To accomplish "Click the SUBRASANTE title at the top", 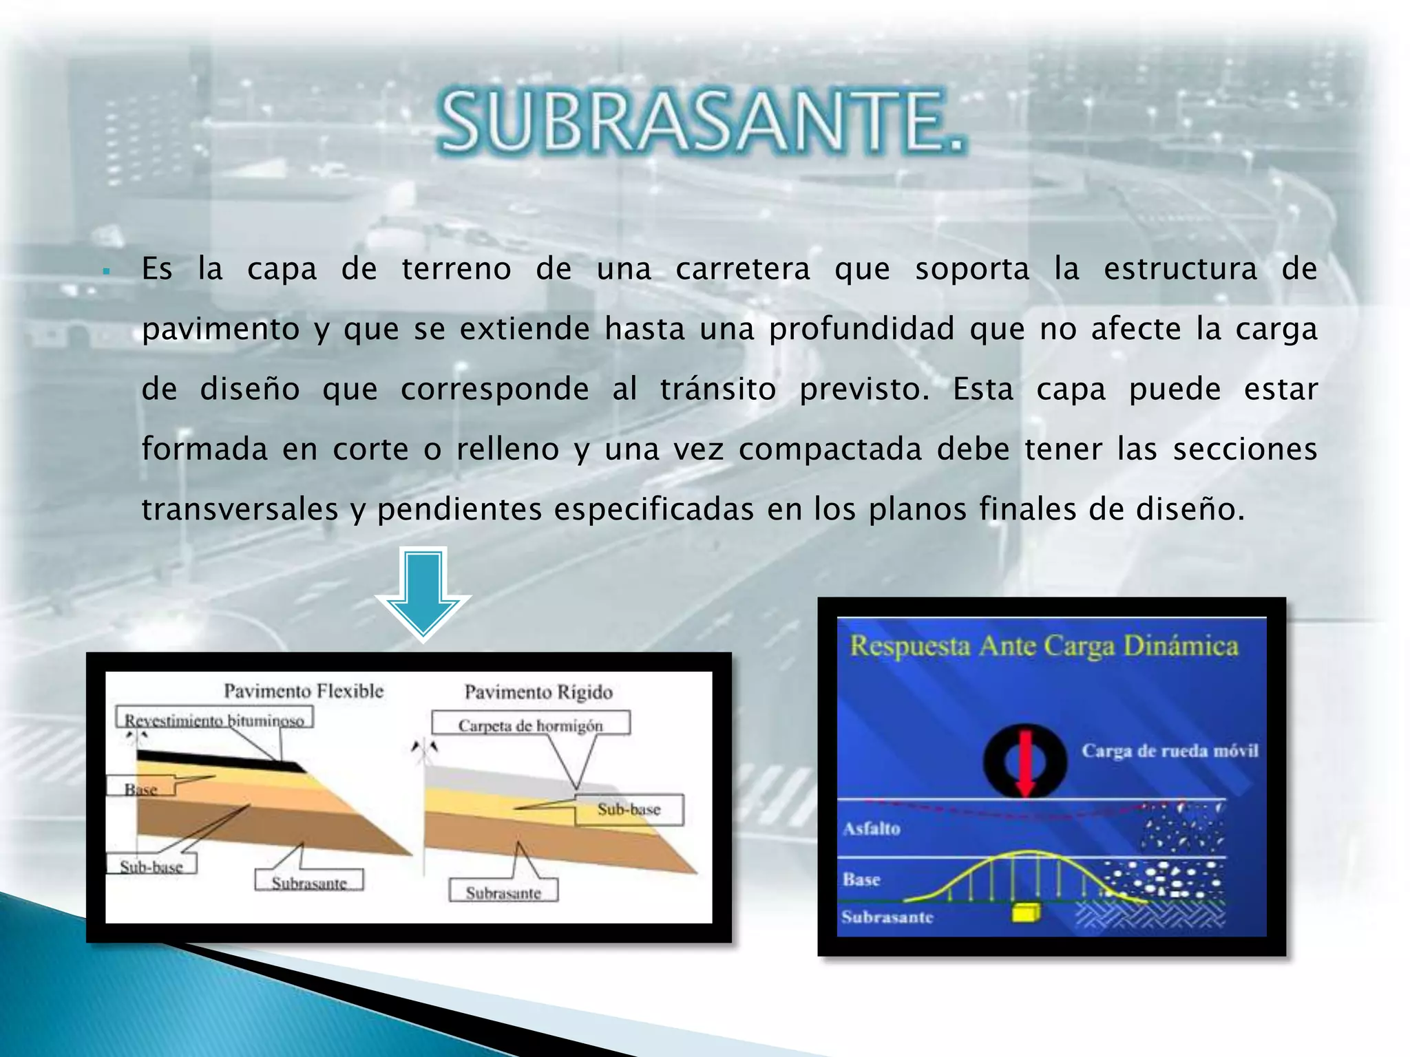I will (701, 122).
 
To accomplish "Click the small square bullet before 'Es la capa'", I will (106, 271).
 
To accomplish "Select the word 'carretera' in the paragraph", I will (742, 268).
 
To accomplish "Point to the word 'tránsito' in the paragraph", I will (717, 389).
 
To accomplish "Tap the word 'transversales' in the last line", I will (240, 509).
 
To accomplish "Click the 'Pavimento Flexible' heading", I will (304, 691).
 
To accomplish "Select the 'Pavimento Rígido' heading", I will (538, 692).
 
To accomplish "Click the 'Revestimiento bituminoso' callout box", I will (214, 719).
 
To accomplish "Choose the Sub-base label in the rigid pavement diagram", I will (629, 810).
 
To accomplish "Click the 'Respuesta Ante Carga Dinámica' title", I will (1043, 646).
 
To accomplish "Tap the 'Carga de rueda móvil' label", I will (1169, 751).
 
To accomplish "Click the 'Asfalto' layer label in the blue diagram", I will (872, 829).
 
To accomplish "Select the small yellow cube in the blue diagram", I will (1025, 912).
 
